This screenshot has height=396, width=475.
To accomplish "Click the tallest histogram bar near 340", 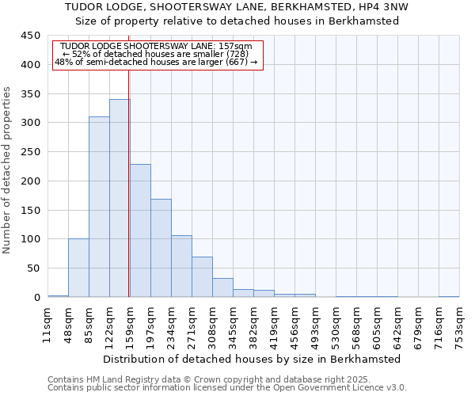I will (x=120, y=198).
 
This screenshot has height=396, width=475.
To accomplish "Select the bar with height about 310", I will (x=99, y=208).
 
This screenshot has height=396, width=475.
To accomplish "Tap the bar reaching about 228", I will (x=140, y=230).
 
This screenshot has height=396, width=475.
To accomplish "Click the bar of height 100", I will (x=78, y=268).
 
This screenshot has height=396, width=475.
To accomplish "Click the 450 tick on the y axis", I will (x=31, y=36).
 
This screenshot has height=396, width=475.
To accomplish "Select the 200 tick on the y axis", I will (x=31, y=181).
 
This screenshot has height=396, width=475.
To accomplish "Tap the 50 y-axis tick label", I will (x=34, y=268).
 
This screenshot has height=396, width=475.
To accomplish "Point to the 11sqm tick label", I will (x=47, y=322).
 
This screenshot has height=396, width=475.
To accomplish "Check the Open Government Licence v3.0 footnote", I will (x=340, y=388).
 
